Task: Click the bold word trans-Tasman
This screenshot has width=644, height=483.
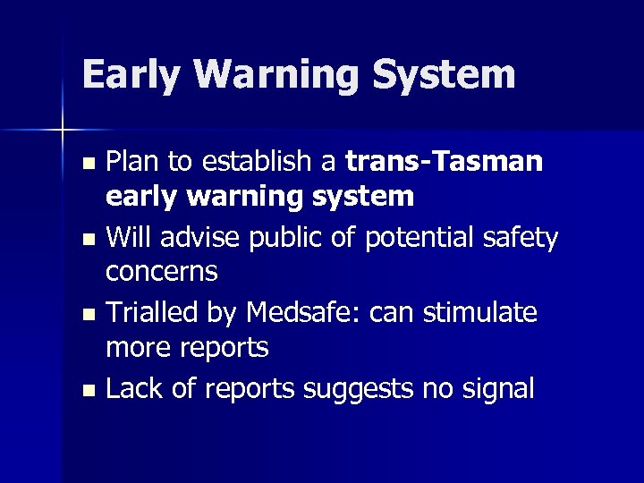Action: click(444, 162)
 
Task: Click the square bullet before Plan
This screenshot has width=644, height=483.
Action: click(88, 165)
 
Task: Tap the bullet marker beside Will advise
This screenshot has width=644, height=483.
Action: click(88, 241)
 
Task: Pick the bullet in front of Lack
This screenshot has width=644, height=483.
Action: click(88, 391)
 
